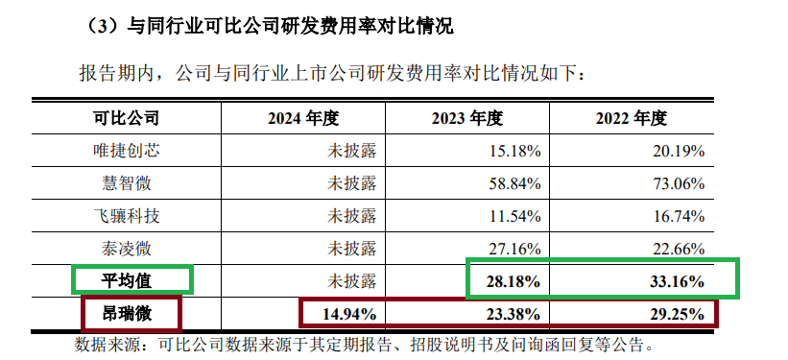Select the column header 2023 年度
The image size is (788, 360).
click(467, 118)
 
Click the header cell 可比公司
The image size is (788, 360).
click(125, 118)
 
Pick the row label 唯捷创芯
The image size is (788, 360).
click(125, 151)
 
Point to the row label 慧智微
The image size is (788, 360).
click(125, 183)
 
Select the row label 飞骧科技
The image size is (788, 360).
click(125, 216)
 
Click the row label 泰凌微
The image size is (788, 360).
click(125, 249)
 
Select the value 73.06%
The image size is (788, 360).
click(680, 183)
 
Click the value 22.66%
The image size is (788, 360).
click(680, 249)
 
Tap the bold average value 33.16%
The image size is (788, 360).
click(678, 281)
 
